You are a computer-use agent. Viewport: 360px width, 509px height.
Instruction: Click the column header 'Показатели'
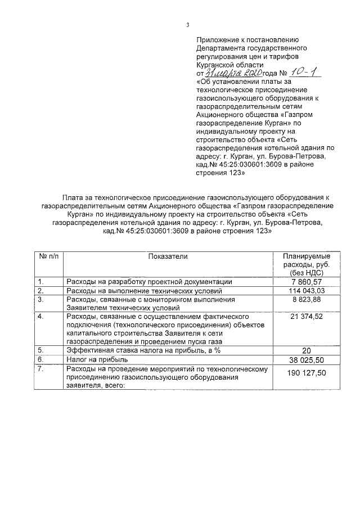(x=168, y=256)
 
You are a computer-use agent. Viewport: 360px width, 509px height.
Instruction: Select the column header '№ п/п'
(x=48, y=256)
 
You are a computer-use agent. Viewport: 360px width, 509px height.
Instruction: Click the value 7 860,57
(x=307, y=281)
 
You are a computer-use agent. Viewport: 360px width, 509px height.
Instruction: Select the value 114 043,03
(x=307, y=291)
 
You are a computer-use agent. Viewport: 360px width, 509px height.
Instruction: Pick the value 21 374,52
(x=307, y=317)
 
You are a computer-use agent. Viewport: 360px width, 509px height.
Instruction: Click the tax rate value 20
(x=307, y=350)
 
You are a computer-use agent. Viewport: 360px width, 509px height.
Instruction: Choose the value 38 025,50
(x=307, y=359)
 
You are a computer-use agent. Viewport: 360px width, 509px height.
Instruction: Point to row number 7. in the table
(x=40, y=368)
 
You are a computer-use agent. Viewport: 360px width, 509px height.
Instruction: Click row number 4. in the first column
(x=40, y=317)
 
